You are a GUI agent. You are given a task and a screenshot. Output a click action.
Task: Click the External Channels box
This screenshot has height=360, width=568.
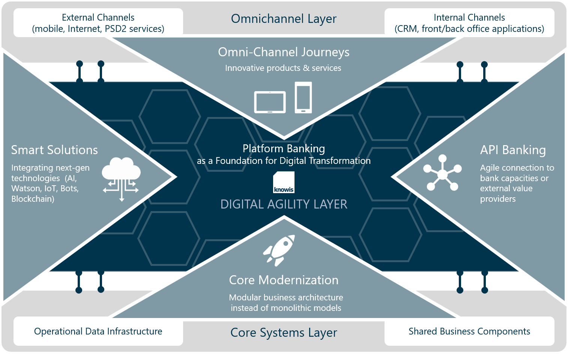98,23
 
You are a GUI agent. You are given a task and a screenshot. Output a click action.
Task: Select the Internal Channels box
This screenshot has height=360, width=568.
469,23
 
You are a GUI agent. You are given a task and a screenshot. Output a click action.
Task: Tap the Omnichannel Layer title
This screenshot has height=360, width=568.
284,19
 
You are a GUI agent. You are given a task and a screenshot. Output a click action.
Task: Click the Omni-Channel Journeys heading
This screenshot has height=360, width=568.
284,52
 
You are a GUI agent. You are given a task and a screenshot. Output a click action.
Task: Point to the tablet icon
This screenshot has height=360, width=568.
270,102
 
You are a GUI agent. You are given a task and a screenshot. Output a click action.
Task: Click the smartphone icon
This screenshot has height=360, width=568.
303,98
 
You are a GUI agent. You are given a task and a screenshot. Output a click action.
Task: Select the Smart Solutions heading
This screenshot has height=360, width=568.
54,150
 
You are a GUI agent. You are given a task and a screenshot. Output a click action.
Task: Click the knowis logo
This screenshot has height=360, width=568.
284,182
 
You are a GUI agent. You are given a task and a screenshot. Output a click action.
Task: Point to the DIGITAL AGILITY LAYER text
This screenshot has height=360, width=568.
284,204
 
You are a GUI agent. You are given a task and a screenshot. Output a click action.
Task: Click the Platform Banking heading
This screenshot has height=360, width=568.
284,149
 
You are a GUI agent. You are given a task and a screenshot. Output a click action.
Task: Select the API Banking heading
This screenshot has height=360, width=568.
513,150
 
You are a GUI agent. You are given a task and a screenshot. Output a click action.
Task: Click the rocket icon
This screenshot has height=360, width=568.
279,250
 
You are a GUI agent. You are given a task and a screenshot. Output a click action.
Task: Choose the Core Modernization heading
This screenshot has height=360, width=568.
284,280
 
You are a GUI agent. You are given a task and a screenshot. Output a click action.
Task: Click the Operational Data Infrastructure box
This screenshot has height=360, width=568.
98,331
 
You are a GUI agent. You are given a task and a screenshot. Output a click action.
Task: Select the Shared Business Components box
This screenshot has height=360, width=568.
469,331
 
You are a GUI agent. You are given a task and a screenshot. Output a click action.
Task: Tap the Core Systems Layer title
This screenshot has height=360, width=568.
284,333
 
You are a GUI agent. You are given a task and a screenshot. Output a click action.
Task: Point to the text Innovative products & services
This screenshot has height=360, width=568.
283,68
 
